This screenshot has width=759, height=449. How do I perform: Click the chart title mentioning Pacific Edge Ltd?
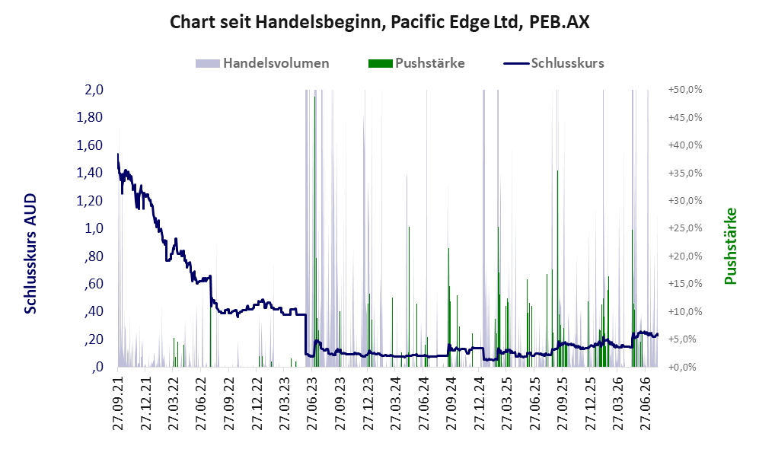[379, 23]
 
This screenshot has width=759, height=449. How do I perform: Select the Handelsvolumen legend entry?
[263, 63]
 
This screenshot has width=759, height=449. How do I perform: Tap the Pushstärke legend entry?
[416, 63]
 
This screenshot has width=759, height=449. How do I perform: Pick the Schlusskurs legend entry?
[553, 63]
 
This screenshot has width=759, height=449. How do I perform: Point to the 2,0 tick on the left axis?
[94, 90]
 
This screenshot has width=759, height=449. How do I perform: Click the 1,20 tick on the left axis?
[90, 200]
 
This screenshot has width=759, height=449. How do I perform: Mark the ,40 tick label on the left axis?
[94, 311]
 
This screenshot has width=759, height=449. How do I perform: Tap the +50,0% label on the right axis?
[685, 90]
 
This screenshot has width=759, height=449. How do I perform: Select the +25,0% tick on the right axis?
[685, 228]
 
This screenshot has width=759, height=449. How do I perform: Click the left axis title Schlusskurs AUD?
[30, 253]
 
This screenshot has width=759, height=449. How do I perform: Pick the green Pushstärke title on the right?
[730, 246]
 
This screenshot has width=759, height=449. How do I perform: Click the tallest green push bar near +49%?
[314, 231]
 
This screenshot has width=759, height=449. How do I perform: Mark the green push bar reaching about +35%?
[557, 269]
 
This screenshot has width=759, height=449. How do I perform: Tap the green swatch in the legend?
[380, 63]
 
